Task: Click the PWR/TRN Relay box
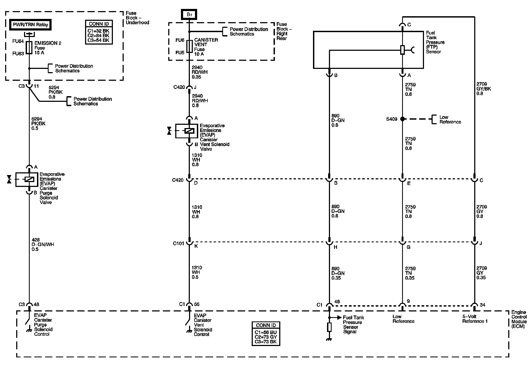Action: click(31, 25)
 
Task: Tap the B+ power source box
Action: click(189, 15)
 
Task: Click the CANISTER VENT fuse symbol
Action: click(189, 46)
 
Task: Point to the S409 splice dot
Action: click(402, 119)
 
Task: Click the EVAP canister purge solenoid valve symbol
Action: click(26, 179)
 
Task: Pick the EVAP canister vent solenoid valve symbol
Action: click(186, 131)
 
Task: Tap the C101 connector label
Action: click(178, 243)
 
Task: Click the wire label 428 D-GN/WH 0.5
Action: click(43, 244)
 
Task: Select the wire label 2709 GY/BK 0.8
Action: click(484, 89)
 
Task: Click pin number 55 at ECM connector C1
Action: click(197, 304)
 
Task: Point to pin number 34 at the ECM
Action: click(483, 305)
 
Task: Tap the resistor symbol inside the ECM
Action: click(329, 327)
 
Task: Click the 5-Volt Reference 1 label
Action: click(475, 319)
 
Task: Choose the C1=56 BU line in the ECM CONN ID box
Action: click(266, 332)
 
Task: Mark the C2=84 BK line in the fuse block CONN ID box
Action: click(98, 35)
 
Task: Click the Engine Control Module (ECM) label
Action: click(519, 319)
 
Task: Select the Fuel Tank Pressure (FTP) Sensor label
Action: click(435, 42)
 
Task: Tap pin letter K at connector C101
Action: click(196, 246)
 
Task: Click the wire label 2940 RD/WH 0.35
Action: click(200, 72)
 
